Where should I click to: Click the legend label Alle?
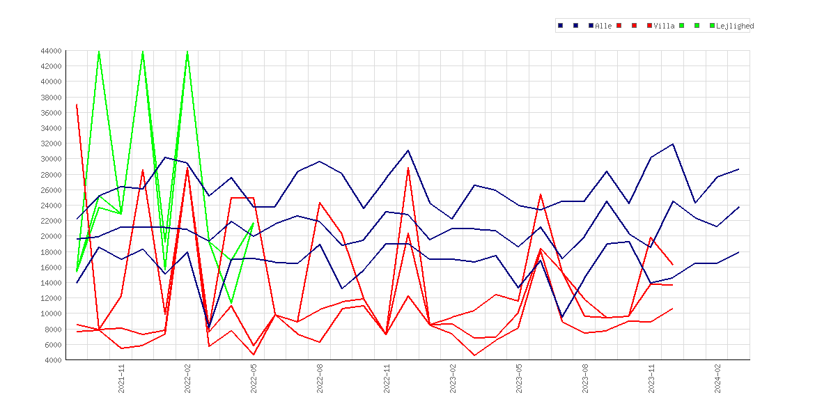tap(603, 26)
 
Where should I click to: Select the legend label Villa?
tap(665, 26)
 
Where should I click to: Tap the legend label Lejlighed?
tap(735, 26)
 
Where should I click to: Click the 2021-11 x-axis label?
tap(122, 378)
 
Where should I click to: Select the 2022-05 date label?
tap(254, 378)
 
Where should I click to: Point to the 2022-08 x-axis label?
tap(320, 378)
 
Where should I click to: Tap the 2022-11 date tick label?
tap(387, 378)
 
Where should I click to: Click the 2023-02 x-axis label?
tap(453, 378)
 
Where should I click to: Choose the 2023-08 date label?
tap(585, 378)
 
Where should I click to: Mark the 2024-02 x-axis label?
tap(717, 378)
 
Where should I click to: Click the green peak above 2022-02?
tap(187, 52)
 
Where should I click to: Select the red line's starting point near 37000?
tap(77, 105)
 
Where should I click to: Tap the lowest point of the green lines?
tap(231, 302)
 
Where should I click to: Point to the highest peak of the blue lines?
tap(673, 144)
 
